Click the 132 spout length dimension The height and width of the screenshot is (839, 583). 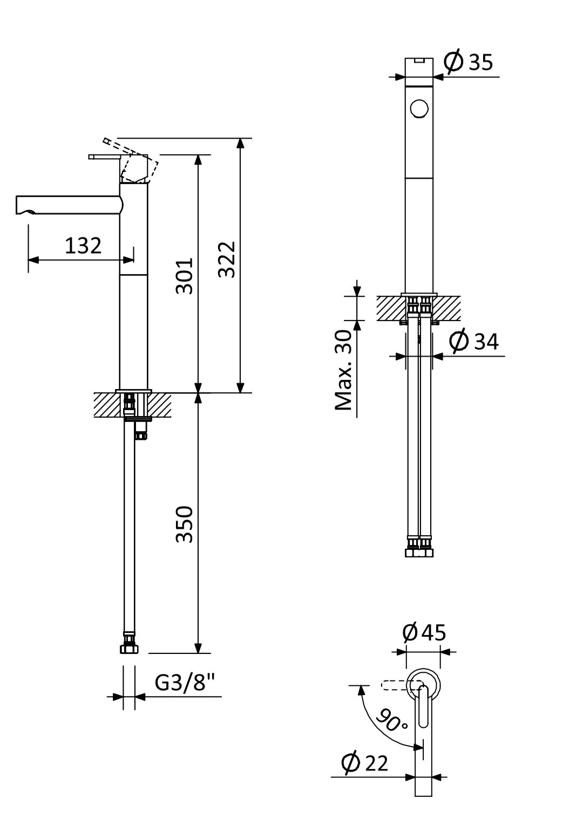[83, 245]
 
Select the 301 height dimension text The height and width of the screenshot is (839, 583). [185, 275]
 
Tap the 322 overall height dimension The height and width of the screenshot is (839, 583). [227, 259]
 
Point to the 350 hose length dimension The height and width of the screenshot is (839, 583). [185, 524]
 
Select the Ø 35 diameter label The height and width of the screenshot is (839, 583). [469, 63]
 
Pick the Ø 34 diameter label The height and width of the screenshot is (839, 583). [473, 342]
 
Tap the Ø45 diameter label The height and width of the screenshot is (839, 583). [425, 632]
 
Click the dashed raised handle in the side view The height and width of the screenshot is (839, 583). [132, 159]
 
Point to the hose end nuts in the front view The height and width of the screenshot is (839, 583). [419, 548]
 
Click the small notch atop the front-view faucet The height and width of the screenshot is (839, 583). [419, 60]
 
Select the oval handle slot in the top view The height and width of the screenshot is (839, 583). [424, 707]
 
